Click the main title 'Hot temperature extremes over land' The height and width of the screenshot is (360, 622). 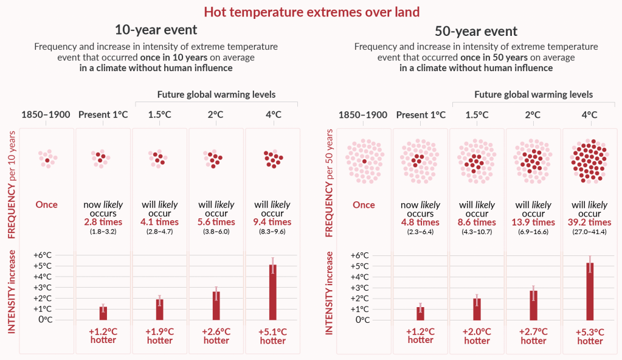pyautogui.click(x=311, y=12)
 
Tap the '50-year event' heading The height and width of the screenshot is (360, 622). pyautogui.click(x=476, y=31)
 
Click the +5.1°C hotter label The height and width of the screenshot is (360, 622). pyautogui.click(x=273, y=336)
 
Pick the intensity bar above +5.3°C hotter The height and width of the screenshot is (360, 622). pyautogui.click(x=590, y=291)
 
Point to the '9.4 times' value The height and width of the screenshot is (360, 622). pyautogui.click(x=273, y=222)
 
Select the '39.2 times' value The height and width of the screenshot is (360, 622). pyautogui.click(x=590, y=223)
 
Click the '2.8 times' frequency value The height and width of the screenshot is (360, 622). pyautogui.click(x=103, y=222)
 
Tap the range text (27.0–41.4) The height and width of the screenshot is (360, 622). pyautogui.click(x=590, y=232)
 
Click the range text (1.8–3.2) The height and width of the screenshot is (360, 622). pyautogui.click(x=103, y=232)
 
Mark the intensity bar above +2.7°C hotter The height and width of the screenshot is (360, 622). pyautogui.click(x=533, y=305)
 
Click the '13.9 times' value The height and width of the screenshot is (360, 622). pyautogui.click(x=533, y=223)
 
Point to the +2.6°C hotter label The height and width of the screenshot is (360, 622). pyautogui.click(x=216, y=336)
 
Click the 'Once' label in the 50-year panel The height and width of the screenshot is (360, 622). pyautogui.click(x=364, y=205)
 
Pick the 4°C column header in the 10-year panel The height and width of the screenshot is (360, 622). pyautogui.click(x=273, y=114)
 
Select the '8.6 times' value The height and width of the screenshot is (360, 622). pyautogui.click(x=477, y=223)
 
